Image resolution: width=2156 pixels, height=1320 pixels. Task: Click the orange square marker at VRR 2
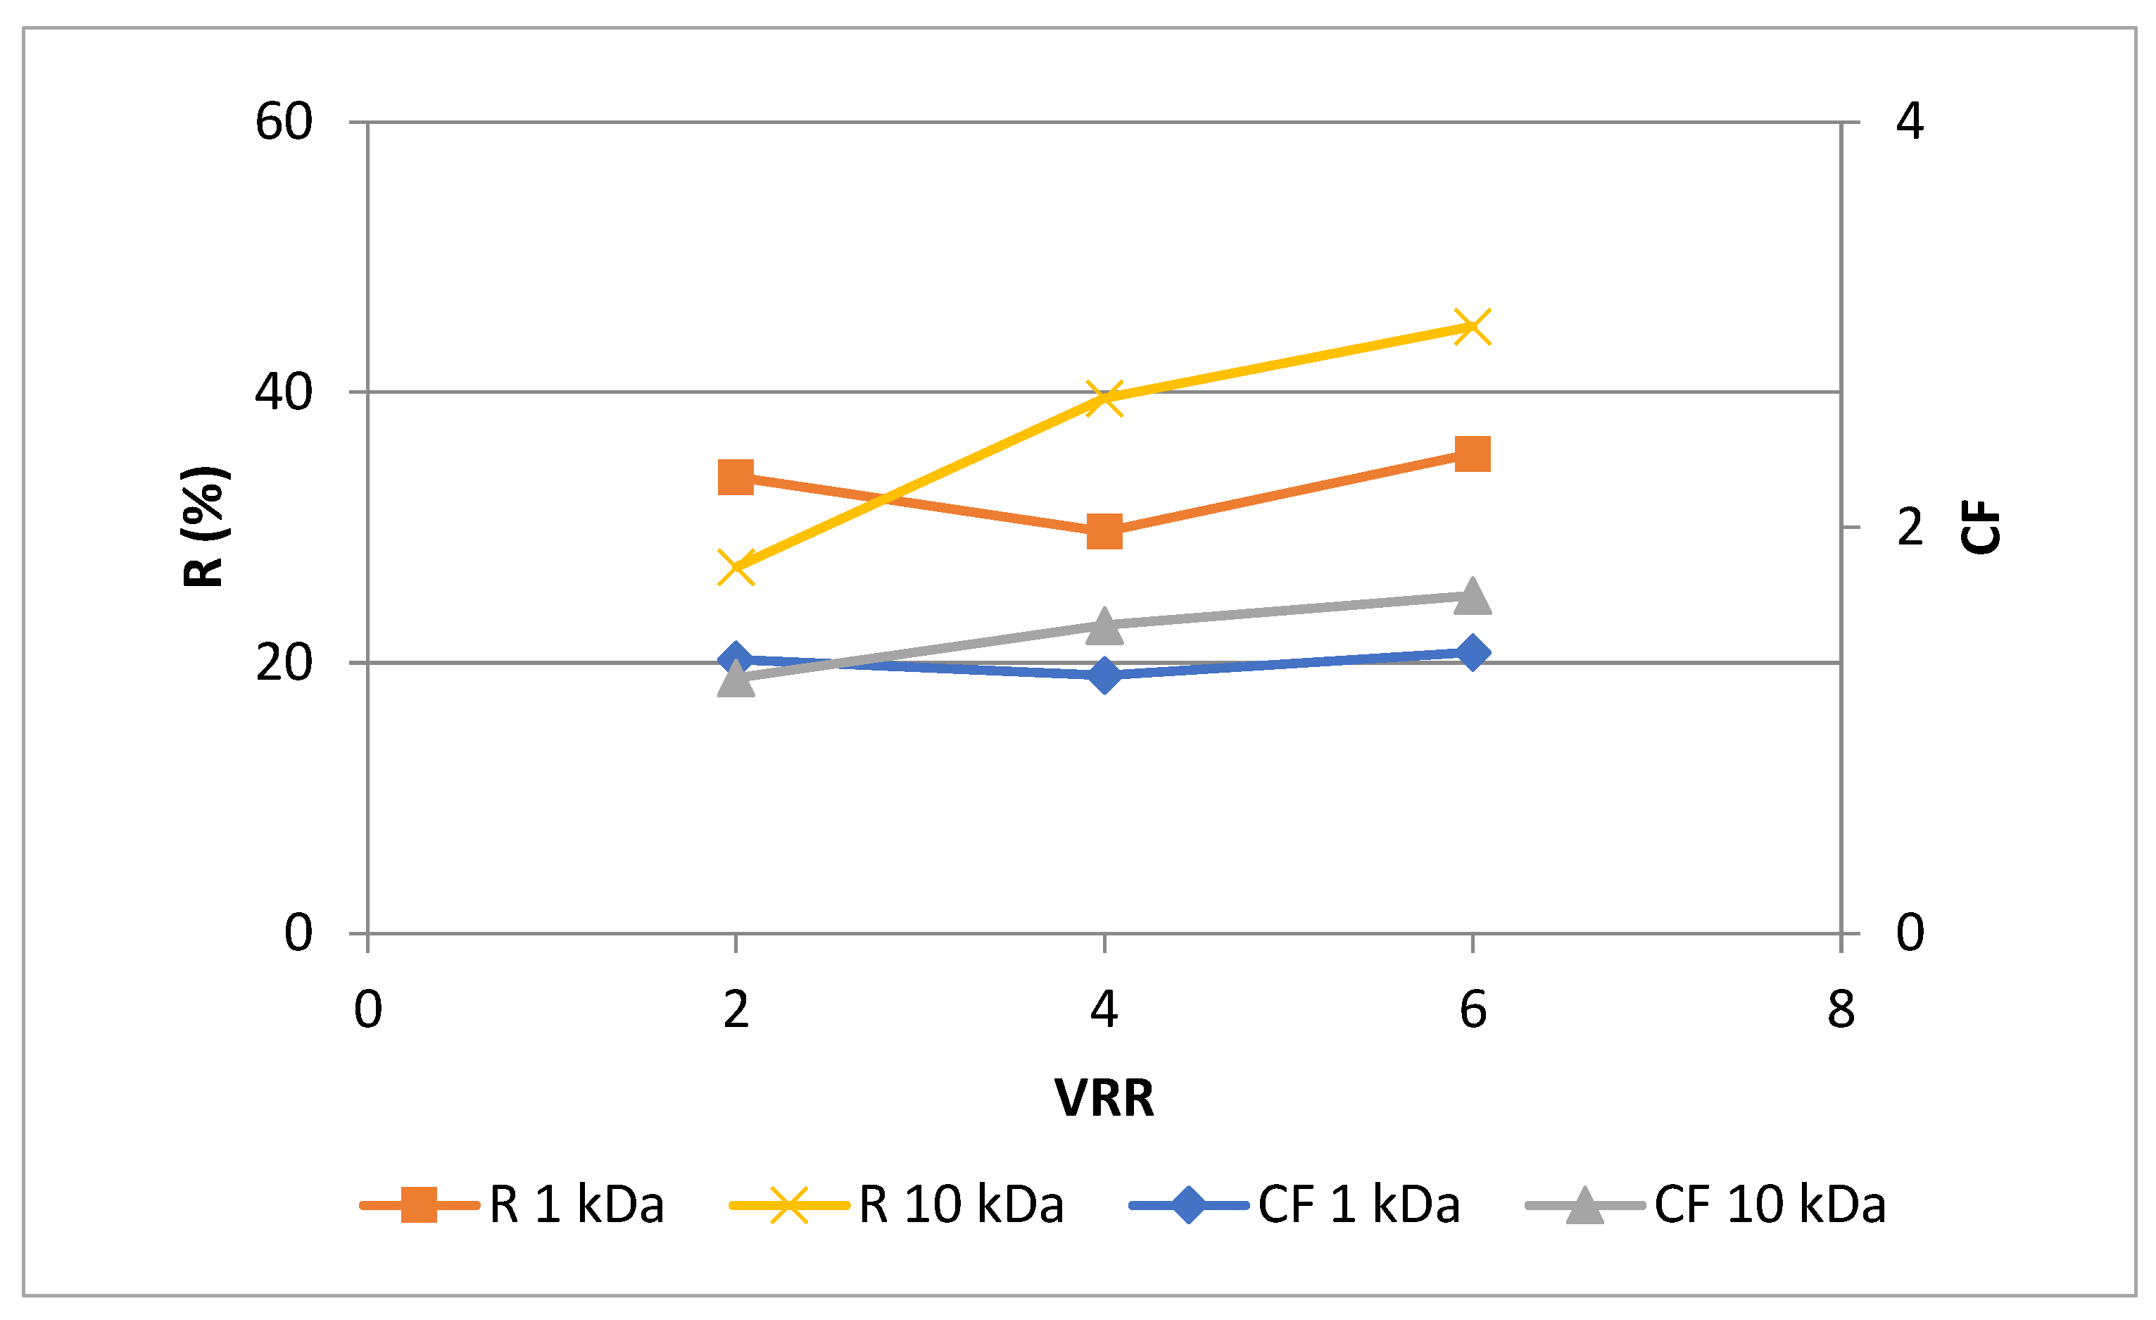click(x=736, y=478)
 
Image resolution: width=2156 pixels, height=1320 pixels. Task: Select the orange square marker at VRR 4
click(x=1104, y=531)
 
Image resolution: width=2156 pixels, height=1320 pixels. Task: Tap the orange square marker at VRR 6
click(x=1473, y=454)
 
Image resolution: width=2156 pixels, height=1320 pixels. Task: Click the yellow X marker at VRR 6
click(x=1473, y=328)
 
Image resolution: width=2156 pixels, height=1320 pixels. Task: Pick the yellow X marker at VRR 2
click(x=736, y=566)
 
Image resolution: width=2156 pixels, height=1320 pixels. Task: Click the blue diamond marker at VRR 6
click(x=1473, y=653)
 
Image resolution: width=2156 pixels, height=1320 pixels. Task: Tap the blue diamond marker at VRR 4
click(x=1104, y=675)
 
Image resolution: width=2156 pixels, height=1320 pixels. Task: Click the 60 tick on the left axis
click(x=284, y=122)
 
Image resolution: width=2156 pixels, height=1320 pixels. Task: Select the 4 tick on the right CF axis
click(x=1910, y=122)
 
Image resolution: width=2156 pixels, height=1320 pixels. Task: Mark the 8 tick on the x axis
click(x=1841, y=1010)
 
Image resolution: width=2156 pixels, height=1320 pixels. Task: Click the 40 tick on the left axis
click(x=284, y=392)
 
